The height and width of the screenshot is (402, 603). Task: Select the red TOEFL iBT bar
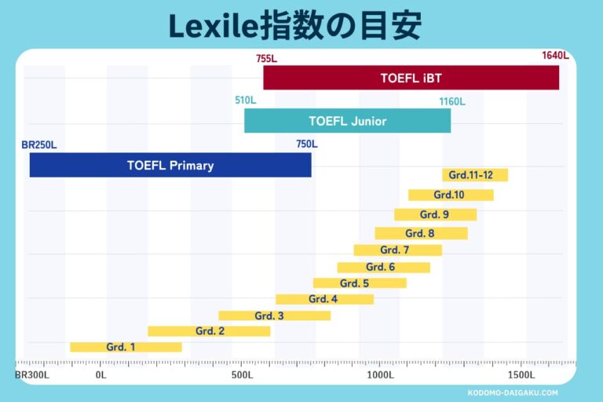[x=411, y=78]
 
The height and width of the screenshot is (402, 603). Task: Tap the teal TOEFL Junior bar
[x=347, y=121]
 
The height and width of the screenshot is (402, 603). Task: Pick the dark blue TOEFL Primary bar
[x=170, y=165]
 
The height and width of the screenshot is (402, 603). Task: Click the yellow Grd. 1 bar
[x=126, y=347]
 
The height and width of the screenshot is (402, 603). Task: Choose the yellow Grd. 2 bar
[x=209, y=331]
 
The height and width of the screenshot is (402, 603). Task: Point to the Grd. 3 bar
[x=274, y=316]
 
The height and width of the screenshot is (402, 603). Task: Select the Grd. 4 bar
[x=324, y=299]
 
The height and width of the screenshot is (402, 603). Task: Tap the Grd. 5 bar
[x=360, y=283]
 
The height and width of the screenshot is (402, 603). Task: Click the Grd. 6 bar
[x=383, y=267]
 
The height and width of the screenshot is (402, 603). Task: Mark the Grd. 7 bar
[x=397, y=250]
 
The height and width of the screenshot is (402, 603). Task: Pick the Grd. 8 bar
[x=421, y=233]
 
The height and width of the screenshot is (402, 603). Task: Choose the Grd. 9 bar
[x=435, y=214]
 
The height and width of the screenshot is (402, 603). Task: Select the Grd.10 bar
[x=451, y=195]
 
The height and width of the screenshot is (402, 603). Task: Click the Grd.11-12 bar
[x=474, y=175]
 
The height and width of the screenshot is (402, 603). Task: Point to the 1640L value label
[x=554, y=56]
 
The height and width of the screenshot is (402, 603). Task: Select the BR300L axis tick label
[x=32, y=375]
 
